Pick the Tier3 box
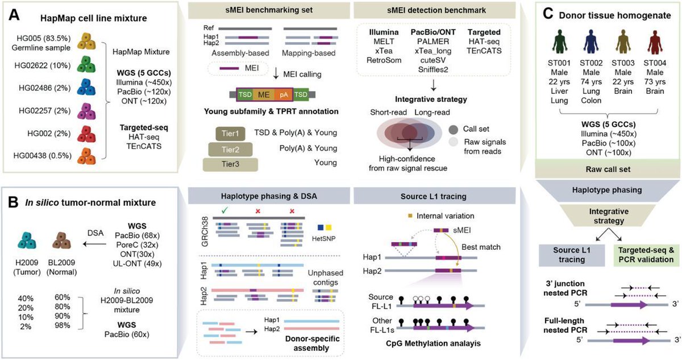(x=231, y=164)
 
